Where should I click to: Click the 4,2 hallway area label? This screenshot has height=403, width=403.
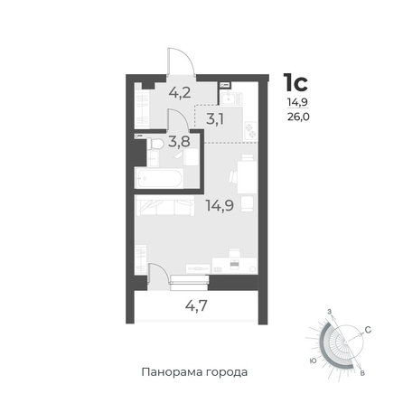[x=180, y=92]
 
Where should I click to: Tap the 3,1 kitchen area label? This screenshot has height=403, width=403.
[x=215, y=119]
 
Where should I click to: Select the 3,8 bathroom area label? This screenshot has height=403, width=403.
[x=179, y=141]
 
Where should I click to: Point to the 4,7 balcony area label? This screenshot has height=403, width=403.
[x=196, y=305]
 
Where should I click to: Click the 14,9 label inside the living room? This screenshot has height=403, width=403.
[x=220, y=205]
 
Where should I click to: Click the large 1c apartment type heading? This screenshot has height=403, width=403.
[x=295, y=82]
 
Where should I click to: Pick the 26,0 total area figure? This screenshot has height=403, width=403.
[x=298, y=117]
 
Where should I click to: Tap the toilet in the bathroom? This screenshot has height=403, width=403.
[x=155, y=144]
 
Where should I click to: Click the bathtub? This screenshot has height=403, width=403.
[x=159, y=178]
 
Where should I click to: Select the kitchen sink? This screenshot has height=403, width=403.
[x=231, y=98]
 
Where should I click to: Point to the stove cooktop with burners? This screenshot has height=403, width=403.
[x=250, y=131]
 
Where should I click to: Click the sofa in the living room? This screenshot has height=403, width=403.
[x=165, y=206]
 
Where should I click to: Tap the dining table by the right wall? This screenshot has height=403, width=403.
[x=247, y=177]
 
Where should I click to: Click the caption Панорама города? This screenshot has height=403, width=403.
[x=194, y=372]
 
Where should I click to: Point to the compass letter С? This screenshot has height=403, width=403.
[x=368, y=330]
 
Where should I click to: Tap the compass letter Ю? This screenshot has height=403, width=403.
[x=314, y=361]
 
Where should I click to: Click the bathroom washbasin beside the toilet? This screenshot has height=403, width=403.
[x=153, y=158]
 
